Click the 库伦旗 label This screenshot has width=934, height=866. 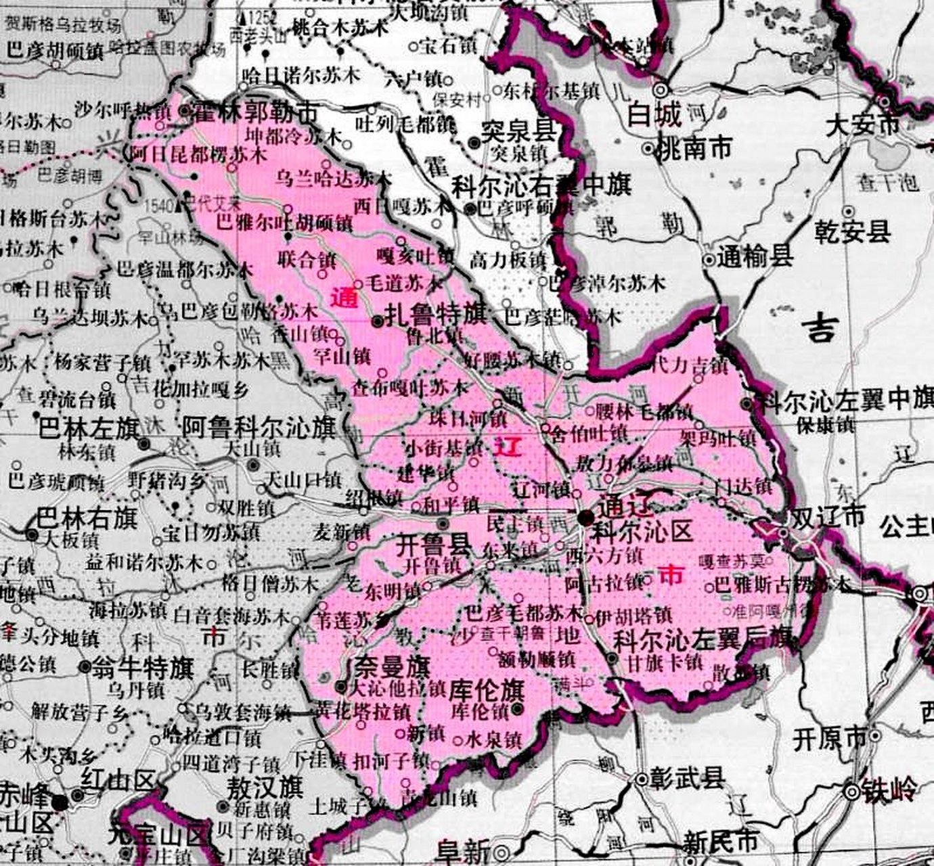[487, 690]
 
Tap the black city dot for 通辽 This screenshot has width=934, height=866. [585, 518]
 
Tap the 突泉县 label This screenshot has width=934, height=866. [518, 130]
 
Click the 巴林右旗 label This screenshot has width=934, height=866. [87, 518]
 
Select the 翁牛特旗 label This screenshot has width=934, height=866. [143, 668]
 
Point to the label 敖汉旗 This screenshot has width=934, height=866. [265, 788]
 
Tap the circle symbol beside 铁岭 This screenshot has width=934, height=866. [853, 790]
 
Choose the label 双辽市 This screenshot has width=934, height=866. [828, 518]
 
